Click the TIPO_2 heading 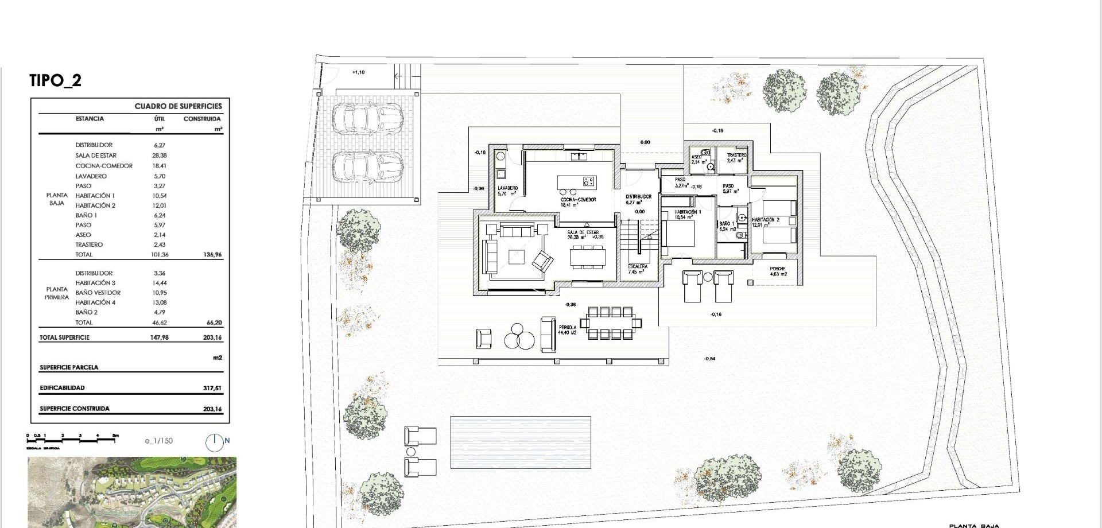56,80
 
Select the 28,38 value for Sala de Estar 160,156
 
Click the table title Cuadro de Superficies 178,106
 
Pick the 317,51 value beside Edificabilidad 212,388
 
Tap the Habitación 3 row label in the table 95,283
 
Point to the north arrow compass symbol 214,441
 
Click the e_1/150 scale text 159,441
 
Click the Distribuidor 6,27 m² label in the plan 638,199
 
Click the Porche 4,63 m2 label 778,271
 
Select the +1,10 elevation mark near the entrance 358,72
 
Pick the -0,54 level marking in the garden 709,359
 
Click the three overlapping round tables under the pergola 519,337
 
